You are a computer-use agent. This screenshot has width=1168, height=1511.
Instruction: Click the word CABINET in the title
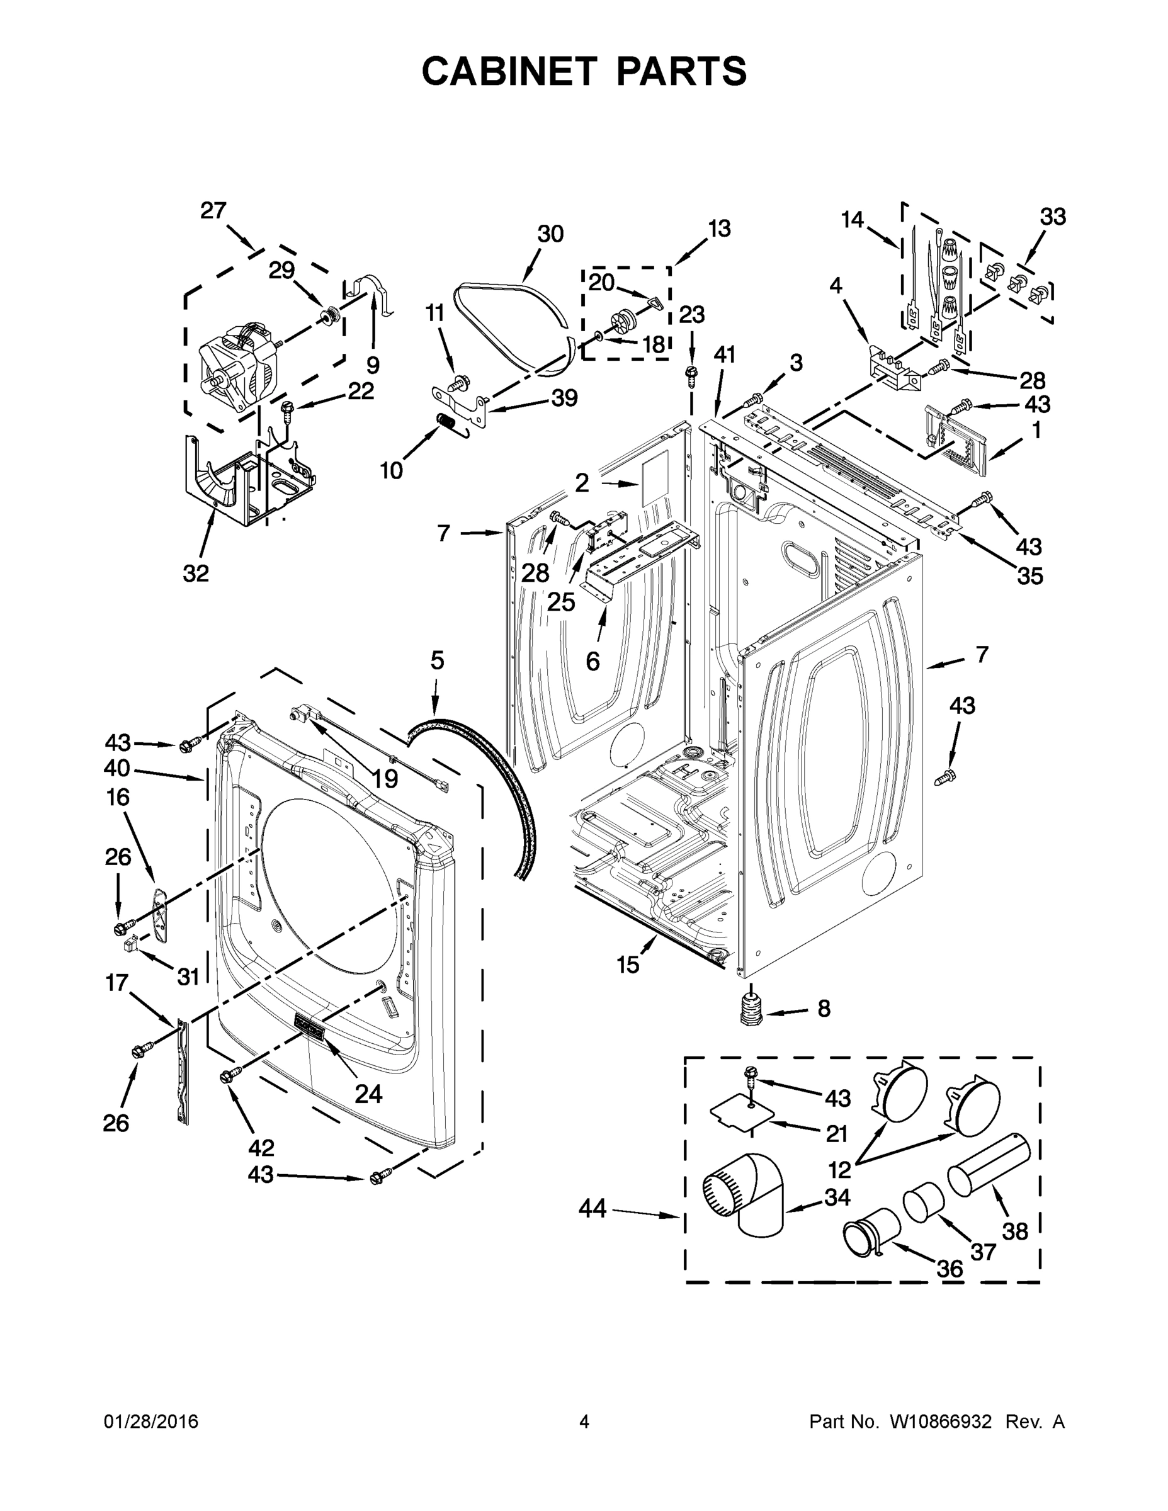509,71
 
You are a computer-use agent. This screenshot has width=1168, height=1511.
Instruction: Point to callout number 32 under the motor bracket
196,573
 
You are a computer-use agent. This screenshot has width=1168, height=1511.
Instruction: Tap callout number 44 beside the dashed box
593,1209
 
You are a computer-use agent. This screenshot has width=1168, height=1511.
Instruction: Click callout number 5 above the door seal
436,660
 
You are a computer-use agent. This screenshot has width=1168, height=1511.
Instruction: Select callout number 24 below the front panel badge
368,1093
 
